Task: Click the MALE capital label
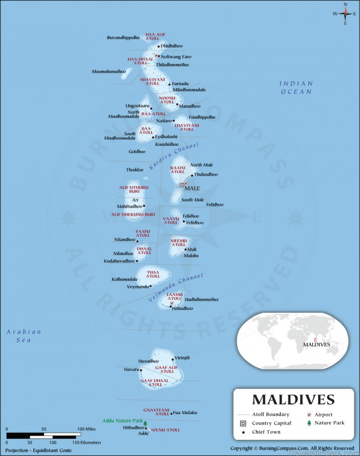point(192,188)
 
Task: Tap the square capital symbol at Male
point(182,185)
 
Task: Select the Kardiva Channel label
point(174,157)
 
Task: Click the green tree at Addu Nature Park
point(145,423)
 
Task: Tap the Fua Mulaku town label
point(185,412)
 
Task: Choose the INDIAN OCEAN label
point(296,87)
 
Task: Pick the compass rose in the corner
point(346,13)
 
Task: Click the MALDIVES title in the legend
point(293,399)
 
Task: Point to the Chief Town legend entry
point(266,432)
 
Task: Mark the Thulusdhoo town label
point(205,174)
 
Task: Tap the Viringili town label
point(182,358)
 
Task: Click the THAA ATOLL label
point(153,274)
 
